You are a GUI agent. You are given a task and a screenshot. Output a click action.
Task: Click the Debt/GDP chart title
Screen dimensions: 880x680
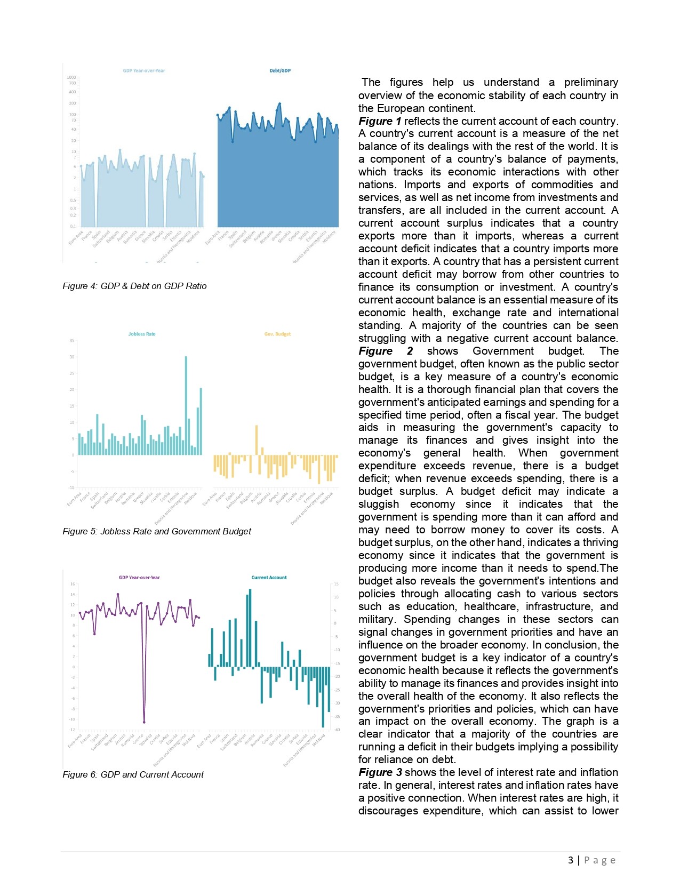point(280,70)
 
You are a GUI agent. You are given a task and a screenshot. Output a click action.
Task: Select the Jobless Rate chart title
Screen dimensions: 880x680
point(142,334)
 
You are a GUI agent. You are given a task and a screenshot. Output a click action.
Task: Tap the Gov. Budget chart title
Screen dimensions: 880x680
point(277,334)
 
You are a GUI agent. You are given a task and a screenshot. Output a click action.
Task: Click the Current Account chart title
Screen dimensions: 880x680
point(269,578)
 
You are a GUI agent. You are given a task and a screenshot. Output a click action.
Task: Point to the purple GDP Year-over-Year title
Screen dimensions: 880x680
point(139,578)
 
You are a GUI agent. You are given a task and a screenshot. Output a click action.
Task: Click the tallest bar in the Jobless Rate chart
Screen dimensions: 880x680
point(186,405)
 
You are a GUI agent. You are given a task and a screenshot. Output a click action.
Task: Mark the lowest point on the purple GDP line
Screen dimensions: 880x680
point(144,722)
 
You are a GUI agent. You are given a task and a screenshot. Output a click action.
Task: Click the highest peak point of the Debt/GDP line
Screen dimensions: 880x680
point(279,104)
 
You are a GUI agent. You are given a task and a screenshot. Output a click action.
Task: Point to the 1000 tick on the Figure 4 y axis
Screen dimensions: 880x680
point(71,78)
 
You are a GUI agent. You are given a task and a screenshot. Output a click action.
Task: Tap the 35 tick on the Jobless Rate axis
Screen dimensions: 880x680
point(72,341)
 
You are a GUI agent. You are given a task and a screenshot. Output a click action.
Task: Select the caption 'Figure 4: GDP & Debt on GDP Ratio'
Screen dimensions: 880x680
point(134,286)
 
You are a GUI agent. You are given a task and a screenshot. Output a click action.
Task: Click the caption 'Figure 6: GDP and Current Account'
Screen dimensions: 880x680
point(133,775)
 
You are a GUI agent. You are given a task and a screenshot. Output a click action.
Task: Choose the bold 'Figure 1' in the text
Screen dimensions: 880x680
point(379,121)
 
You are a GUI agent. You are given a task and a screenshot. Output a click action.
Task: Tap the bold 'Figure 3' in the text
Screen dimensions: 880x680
point(380,772)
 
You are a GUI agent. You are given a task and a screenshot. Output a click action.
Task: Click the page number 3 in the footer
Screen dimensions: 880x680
point(571,860)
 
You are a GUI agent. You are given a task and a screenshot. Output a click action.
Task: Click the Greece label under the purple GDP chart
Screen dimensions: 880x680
point(138,739)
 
